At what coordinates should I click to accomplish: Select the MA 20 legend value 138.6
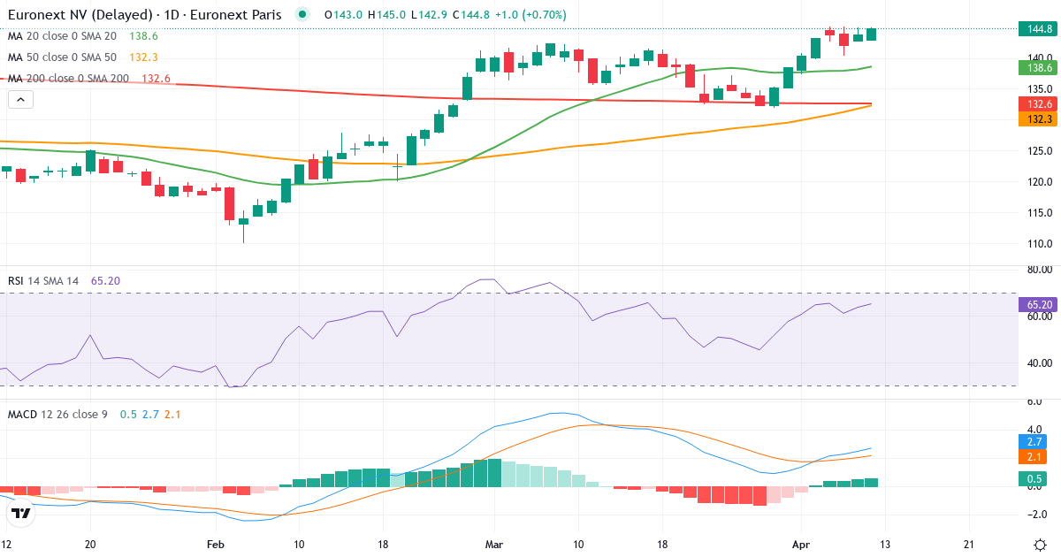tap(143, 36)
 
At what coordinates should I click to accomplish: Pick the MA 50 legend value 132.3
tap(143, 57)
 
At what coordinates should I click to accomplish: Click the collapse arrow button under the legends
tap(20, 100)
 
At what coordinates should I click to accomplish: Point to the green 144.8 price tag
tap(1035, 29)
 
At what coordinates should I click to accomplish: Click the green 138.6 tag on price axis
tap(1035, 67)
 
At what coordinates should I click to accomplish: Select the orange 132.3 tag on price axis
tap(1035, 118)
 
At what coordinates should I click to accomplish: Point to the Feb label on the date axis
tap(216, 544)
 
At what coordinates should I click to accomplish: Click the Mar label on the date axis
tap(493, 544)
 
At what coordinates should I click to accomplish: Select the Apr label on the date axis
tap(800, 544)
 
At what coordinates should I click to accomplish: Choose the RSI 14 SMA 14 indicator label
tap(42, 281)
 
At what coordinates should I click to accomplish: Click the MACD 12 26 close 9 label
tap(57, 414)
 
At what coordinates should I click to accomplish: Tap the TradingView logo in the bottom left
tap(21, 513)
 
